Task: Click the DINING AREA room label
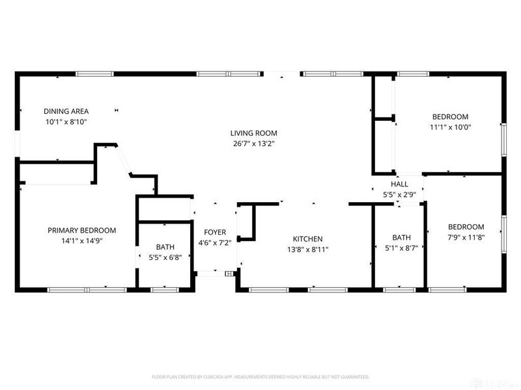66,111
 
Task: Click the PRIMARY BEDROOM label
82,230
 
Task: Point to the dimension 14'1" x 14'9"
82,240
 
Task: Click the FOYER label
215,232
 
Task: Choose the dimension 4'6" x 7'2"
215,242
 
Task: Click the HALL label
400,185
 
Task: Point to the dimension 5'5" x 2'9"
400,194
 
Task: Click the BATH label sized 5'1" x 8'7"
401,237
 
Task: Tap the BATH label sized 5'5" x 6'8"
165,247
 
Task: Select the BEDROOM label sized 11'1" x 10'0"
450,117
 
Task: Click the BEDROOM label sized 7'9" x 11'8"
466,227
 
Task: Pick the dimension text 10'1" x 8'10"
66,122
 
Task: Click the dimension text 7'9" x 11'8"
466,237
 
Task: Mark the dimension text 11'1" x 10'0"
450,127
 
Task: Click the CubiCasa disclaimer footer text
260,377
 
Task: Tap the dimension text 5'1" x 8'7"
401,248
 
